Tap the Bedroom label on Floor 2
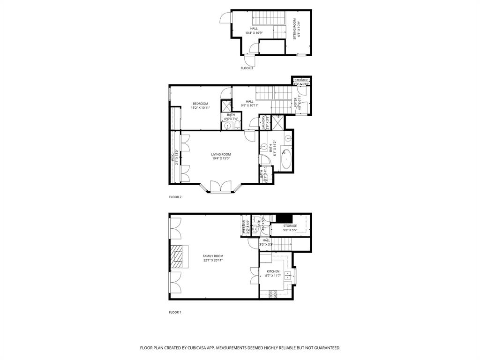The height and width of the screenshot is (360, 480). click(200, 104)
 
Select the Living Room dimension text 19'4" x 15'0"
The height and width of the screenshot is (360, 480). click(221, 158)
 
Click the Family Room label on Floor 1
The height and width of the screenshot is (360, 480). click(213, 256)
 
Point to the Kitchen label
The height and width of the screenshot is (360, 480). click(273, 271)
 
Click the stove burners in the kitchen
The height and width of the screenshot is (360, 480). click(273, 293)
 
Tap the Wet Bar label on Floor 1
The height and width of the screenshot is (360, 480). click(244, 227)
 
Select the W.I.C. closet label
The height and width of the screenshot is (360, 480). click(172, 157)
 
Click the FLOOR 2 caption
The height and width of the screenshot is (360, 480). click(175, 197)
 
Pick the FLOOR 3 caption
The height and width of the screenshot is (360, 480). click(247, 68)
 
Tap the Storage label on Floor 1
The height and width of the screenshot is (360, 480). click(290, 226)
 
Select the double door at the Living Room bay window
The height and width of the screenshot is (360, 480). click(221, 187)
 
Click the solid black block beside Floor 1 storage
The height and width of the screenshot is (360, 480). click(284, 218)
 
